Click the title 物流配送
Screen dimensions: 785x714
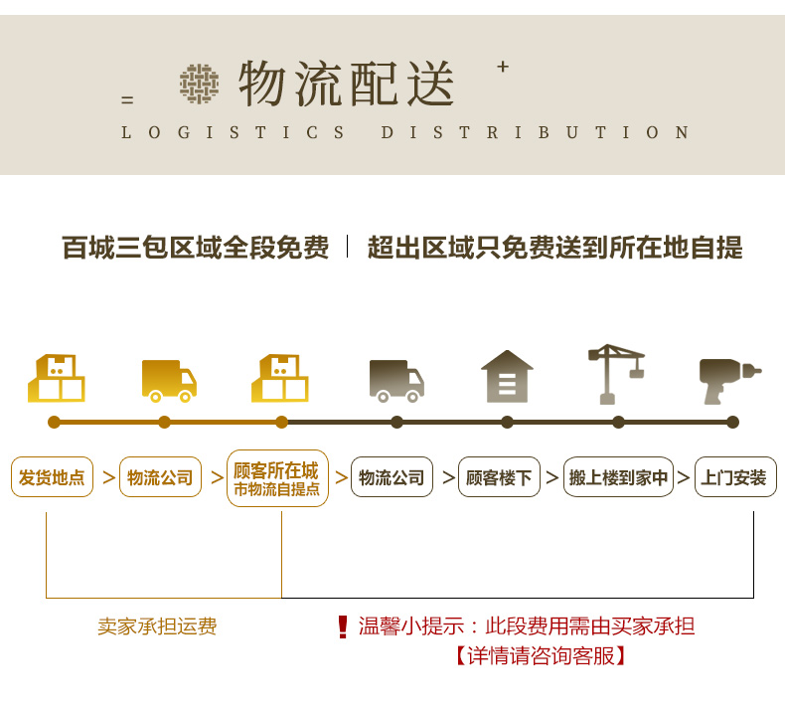[x=346, y=84]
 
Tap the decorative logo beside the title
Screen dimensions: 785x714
[x=199, y=84]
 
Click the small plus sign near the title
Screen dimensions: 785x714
[x=503, y=67]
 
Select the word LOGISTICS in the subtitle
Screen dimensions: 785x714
[x=234, y=132]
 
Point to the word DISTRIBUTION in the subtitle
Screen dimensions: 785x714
[x=536, y=132]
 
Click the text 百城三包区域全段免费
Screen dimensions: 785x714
[x=195, y=248]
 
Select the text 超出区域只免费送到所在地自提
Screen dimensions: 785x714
[x=554, y=248]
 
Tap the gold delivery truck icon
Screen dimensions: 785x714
[x=168, y=380]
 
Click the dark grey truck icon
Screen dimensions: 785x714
[x=396, y=380]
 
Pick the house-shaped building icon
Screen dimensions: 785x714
[x=507, y=376]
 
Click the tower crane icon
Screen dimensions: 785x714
[x=616, y=374]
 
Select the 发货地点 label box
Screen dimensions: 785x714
[x=53, y=477]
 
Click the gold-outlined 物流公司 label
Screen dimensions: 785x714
[x=160, y=477]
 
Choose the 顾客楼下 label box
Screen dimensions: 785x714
[x=498, y=477]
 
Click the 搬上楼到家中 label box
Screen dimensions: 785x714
[x=618, y=477]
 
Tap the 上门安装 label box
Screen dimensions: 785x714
[x=734, y=477]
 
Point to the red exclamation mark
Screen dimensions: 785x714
[x=343, y=626]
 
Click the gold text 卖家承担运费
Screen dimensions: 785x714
[x=157, y=626]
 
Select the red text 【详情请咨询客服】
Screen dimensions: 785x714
[x=541, y=656]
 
